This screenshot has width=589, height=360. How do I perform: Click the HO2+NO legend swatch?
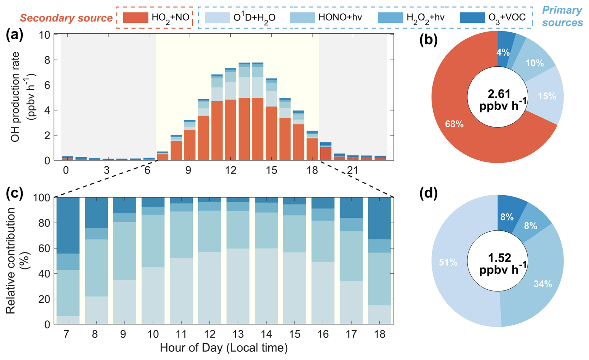pyautogui.click(x=135, y=17)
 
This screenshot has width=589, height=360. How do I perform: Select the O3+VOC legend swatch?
pyautogui.click(x=472, y=17)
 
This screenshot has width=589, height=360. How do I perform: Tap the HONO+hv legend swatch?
pyautogui.click(x=302, y=17)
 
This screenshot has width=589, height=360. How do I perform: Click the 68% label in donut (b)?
pyautogui.click(x=454, y=124)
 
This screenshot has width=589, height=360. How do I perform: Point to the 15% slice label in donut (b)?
pyautogui.click(x=547, y=96)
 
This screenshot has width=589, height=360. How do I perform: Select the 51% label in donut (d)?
pyautogui.click(x=448, y=263)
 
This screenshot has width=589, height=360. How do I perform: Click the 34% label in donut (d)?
pyautogui.click(x=543, y=284)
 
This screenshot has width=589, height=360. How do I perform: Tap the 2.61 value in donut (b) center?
pyautogui.click(x=499, y=93)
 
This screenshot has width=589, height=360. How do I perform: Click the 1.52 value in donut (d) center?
pyautogui.click(x=499, y=258)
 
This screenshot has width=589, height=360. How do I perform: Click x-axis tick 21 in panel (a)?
pyautogui.click(x=353, y=170)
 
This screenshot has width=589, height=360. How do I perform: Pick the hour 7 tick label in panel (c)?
pyautogui.click(x=66, y=334)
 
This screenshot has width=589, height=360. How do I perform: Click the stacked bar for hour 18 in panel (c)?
pyautogui.click(x=379, y=261)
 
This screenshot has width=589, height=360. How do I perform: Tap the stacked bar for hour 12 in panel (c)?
pyautogui.click(x=210, y=261)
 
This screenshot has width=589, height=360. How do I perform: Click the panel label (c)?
pyautogui.click(x=15, y=193)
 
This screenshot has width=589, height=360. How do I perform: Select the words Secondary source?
pyautogui.click(x=66, y=18)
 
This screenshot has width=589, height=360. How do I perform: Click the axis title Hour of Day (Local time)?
pyautogui.click(x=224, y=348)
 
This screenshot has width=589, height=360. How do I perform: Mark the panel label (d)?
pyautogui.click(x=428, y=193)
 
